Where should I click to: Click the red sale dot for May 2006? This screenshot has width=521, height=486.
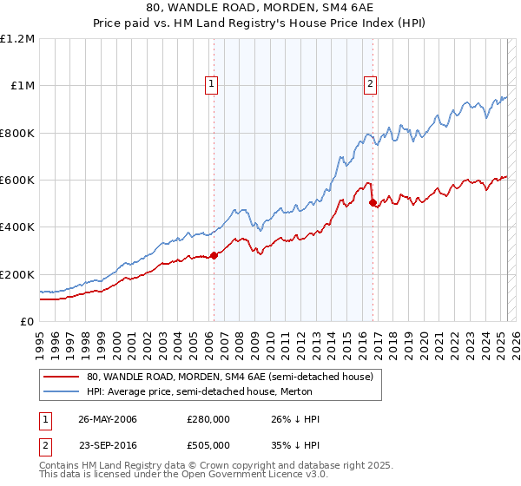tap(214, 255)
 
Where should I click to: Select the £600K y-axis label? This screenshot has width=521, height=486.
tap(18, 181)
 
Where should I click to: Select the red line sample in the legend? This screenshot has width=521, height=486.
tap(62, 377)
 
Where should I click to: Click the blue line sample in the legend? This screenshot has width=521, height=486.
tap(62, 391)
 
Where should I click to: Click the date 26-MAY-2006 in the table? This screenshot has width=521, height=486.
tap(107, 419)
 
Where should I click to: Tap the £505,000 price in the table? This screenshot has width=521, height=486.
tap(208, 443)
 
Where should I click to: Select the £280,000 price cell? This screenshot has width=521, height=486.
tap(208, 419)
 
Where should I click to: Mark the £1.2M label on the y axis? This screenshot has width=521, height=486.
tap(18, 39)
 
